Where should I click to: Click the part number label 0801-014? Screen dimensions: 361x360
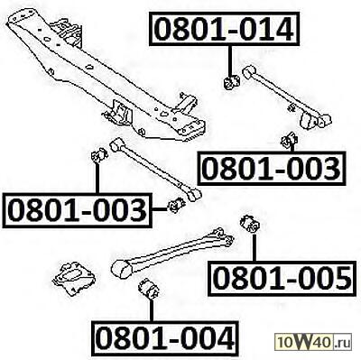[x=225, y=29]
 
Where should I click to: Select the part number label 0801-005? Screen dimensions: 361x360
[x=282, y=278]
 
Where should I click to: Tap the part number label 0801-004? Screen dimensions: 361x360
[x=165, y=337]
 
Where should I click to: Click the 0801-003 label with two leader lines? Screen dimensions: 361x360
[x=77, y=210]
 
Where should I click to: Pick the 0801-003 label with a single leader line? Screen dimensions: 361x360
[x=272, y=168]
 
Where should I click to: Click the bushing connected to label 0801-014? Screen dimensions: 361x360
[x=231, y=83]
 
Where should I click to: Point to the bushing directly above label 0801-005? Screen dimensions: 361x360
[x=250, y=224]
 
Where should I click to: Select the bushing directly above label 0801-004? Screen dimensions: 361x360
[x=149, y=290]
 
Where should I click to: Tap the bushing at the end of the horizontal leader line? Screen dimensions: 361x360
[x=176, y=205]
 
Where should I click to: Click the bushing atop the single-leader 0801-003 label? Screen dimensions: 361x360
[x=289, y=140]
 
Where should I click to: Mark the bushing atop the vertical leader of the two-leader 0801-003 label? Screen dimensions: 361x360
[x=99, y=155]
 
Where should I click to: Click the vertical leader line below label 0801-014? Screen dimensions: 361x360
[x=231, y=61]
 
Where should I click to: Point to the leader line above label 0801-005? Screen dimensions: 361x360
[x=255, y=248]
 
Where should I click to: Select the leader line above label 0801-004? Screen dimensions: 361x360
[x=152, y=310]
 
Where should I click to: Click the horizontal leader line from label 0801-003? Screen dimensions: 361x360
[x=160, y=209]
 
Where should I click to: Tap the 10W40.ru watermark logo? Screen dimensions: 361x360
[x=313, y=343]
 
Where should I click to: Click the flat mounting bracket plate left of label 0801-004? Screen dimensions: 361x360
[x=74, y=280]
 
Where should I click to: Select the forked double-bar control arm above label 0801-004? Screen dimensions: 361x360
[x=172, y=254]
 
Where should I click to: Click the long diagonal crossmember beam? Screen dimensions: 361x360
[x=106, y=75]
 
